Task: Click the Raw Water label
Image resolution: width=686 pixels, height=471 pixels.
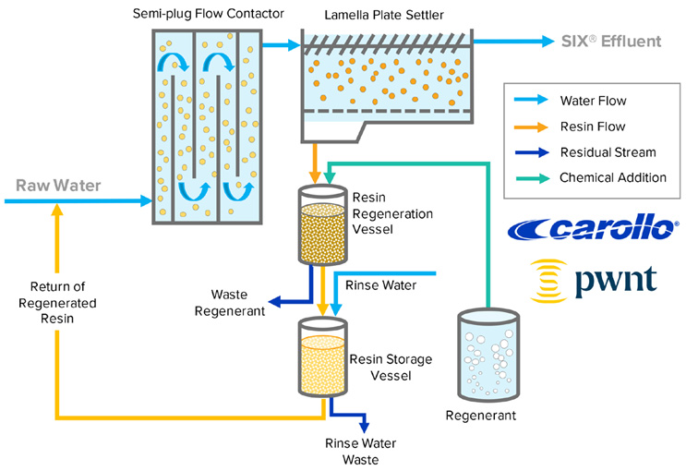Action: coord(56,186)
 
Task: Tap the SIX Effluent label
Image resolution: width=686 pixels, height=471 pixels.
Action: coord(611,42)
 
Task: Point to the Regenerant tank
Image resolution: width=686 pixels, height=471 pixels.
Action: coord(489,356)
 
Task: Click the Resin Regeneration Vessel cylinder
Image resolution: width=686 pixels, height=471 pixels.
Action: coord(319,226)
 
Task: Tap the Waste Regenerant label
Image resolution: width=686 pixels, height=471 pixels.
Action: coord(237,303)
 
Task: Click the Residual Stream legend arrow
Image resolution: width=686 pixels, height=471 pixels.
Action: coord(530,151)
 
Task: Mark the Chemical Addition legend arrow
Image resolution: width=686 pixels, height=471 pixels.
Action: coord(530,177)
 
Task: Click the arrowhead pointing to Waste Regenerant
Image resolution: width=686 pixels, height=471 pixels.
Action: coord(274,301)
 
